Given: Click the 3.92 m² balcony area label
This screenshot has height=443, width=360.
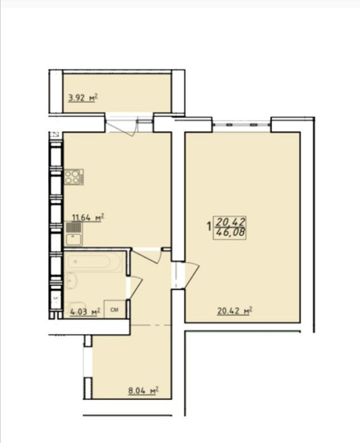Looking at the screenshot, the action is pyautogui.click(x=83, y=98).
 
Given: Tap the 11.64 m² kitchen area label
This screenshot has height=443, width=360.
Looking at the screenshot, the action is pyautogui.click(x=88, y=218).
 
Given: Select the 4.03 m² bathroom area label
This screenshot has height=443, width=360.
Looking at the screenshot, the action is pyautogui.click(x=85, y=312).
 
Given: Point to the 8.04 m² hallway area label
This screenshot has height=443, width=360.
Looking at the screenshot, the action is pyautogui.click(x=143, y=391).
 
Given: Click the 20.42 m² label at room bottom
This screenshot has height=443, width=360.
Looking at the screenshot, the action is pyautogui.click(x=234, y=311).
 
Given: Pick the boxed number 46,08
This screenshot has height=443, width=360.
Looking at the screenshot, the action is pyautogui.click(x=230, y=233).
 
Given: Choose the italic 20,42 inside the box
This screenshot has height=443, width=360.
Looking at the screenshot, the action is pyautogui.click(x=230, y=222).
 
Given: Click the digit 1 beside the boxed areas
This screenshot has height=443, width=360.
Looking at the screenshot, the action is pyautogui.click(x=209, y=226).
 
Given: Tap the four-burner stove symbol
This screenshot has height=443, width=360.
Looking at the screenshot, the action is pyautogui.click(x=74, y=177).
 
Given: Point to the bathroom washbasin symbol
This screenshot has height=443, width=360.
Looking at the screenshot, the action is pyautogui.click(x=71, y=281).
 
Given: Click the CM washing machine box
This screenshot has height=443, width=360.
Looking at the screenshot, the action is pyautogui.click(x=115, y=310).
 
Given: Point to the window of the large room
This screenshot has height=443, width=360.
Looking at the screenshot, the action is pyautogui.click(x=241, y=124).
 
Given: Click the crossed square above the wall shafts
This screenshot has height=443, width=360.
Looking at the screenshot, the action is pyautogui.click(x=56, y=135).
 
